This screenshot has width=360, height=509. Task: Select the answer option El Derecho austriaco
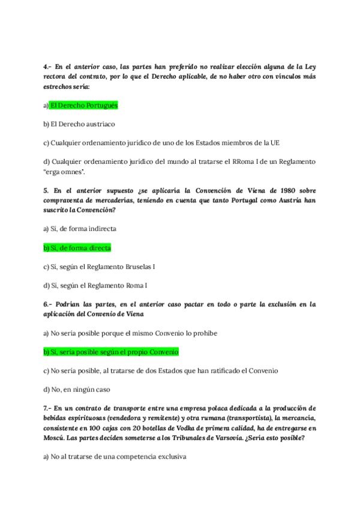79,124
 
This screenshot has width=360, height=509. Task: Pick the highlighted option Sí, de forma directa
77,247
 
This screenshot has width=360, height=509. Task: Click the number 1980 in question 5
253,190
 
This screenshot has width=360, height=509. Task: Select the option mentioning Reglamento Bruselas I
103,266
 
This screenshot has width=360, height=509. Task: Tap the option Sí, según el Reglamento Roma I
95,285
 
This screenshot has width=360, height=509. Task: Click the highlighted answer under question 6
110,352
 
